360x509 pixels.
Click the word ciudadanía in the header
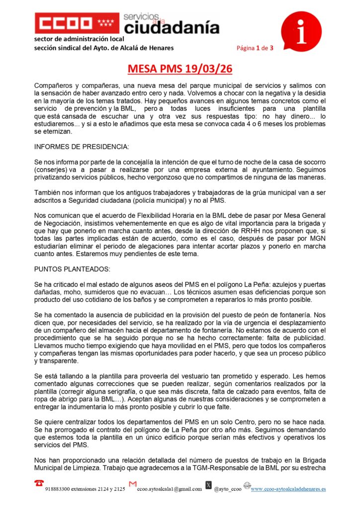pyautogui.click(x=171, y=27)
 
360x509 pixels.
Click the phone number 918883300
pyautogui.click(x=59, y=489)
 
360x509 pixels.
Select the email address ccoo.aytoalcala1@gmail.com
pyautogui.click(x=169, y=489)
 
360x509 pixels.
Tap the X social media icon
pyautogui.click(x=208, y=485)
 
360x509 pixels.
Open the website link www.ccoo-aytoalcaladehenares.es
pyautogui.click(x=288, y=489)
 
